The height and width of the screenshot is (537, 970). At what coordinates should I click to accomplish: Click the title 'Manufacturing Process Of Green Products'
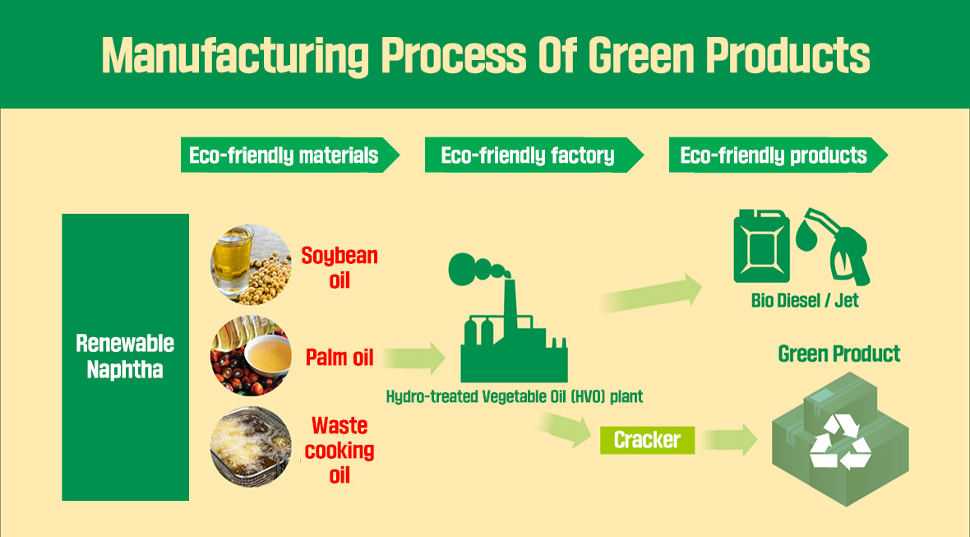[x=485, y=54]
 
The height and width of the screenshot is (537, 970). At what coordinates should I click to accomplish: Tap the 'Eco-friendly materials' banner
[x=284, y=155]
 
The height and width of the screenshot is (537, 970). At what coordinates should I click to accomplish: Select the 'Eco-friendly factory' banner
[x=528, y=155]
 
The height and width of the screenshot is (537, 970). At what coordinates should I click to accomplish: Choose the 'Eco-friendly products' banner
[x=774, y=155]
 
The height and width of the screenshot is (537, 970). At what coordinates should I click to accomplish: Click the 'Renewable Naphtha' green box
[x=125, y=357]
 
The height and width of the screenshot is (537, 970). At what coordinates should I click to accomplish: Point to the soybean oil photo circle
[x=251, y=265]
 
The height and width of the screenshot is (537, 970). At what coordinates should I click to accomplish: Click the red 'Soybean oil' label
[x=339, y=267]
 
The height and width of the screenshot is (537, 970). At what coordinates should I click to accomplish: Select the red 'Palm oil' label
[x=339, y=358]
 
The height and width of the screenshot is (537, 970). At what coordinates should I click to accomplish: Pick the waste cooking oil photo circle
[x=251, y=449]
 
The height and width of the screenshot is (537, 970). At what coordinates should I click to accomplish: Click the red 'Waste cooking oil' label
[x=339, y=450]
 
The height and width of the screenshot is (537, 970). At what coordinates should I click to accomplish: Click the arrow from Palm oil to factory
[x=413, y=359]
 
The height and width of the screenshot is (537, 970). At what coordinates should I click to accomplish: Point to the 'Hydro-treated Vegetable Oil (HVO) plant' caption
[x=515, y=396]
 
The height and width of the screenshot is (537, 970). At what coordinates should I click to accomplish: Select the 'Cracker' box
[x=647, y=440]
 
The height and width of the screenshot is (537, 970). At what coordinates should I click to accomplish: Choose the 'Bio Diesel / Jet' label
[x=805, y=300]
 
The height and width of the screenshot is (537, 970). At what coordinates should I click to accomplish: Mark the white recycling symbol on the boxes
[x=839, y=442]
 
